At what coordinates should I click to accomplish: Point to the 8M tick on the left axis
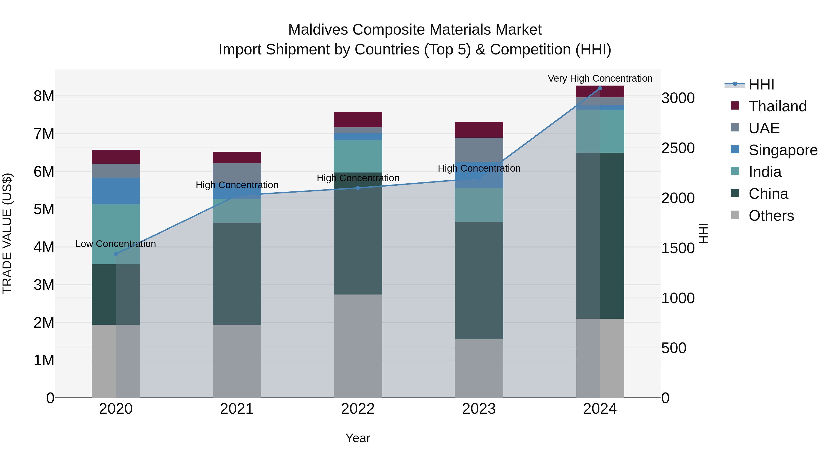pos(44,96)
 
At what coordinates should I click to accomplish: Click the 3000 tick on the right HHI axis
pos(678,98)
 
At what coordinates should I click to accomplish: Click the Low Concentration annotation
pos(116,244)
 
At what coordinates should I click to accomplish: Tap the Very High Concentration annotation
pos(600,78)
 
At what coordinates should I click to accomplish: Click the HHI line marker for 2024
pos(600,88)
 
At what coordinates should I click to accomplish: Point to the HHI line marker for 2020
pos(116,254)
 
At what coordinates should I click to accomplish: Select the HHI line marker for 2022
pos(358,188)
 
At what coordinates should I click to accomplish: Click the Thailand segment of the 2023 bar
pos(479,130)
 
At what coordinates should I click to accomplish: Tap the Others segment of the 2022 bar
pos(358,346)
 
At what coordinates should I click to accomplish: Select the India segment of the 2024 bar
pos(600,131)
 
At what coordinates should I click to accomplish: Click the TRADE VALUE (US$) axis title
pos(7,233)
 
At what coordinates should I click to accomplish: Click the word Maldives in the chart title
pos(318,30)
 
